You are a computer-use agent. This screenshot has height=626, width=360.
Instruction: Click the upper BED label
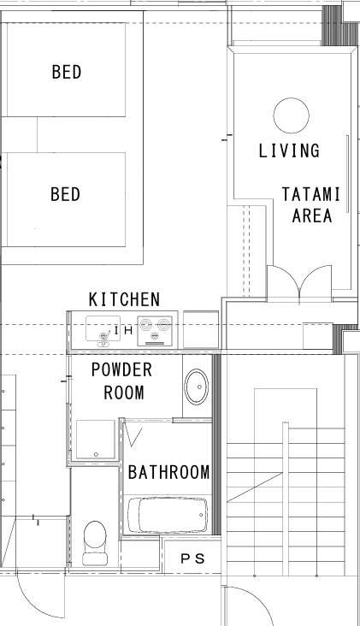click(x=67, y=72)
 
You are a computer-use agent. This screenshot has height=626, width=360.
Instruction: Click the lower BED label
click(x=66, y=194)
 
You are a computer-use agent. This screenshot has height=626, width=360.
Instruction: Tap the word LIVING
click(x=289, y=151)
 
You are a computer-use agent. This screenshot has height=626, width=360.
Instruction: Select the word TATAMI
click(x=311, y=194)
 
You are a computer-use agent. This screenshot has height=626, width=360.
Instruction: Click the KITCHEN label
click(x=124, y=299)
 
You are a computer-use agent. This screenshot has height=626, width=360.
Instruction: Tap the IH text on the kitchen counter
click(x=123, y=331)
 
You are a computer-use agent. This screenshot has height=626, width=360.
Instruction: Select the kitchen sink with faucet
click(x=103, y=331)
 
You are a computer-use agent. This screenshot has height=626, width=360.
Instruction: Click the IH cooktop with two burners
click(x=155, y=331)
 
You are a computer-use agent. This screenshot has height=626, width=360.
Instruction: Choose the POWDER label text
click(x=121, y=369)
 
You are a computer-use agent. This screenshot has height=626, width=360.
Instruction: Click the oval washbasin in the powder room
click(x=197, y=387)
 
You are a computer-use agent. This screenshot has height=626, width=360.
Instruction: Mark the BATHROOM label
click(x=168, y=472)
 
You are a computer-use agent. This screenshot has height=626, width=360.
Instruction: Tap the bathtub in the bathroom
click(x=168, y=515)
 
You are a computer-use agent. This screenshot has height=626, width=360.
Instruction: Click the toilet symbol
click(x=95, y=543)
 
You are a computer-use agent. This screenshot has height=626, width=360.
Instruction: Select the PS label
click(x=192, y=559)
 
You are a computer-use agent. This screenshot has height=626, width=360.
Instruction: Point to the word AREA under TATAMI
click(x=312, y=216)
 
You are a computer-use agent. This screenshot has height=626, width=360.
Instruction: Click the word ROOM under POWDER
click(x=124, y=393)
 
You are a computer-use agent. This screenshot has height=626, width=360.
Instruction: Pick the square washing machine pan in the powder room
click(x=96, y=440)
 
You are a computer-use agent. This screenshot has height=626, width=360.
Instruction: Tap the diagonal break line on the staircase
click(x=255, y=487)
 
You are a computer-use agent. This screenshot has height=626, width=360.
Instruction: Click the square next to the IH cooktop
click(x=201, y=329)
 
